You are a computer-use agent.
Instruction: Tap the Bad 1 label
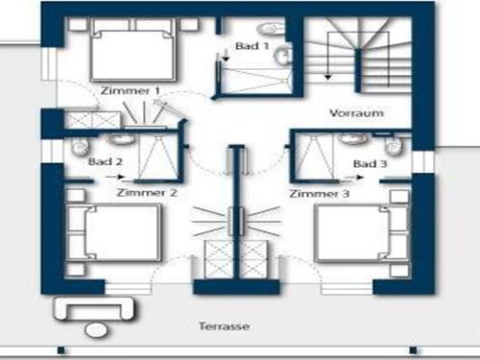[x=252, y=45]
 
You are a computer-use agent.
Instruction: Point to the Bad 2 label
[x=105, y=163]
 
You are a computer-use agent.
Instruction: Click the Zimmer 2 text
[x=146, y=193]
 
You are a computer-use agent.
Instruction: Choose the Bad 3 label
[x=369, y=164]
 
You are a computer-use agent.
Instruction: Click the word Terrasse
[x=226, y=326]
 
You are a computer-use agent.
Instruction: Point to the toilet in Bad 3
[x=390, y=145]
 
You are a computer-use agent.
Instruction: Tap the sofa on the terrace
[x=95, y=309]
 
